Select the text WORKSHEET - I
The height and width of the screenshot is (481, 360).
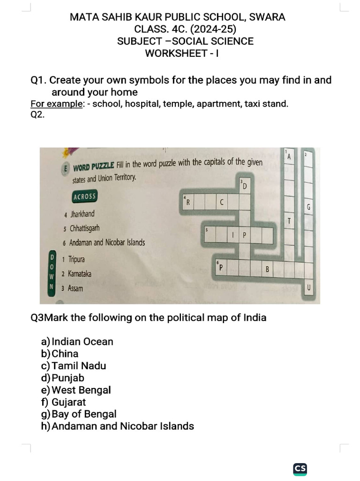point(182,53)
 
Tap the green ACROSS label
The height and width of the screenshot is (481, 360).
point(85,196)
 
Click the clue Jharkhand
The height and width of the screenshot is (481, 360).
point(82,214)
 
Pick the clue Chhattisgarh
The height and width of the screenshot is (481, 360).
point(84,229)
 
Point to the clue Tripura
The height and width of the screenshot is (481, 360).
point(76,259)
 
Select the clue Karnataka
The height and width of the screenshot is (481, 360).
point(80,274)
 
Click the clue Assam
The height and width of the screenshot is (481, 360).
point(75,288)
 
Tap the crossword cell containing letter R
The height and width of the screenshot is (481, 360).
point(188,202)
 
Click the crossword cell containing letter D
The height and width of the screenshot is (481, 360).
point(244,186)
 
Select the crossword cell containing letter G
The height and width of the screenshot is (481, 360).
point(308,207)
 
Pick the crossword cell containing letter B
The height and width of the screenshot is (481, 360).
point(267,269)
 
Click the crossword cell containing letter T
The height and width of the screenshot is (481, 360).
point(290,221)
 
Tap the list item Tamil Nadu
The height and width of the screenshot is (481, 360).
point(79,366)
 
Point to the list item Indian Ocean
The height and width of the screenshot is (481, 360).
point(82,341)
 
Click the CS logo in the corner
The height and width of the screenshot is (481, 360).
point(300,468)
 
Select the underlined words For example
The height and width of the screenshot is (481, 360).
point(57,104)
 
